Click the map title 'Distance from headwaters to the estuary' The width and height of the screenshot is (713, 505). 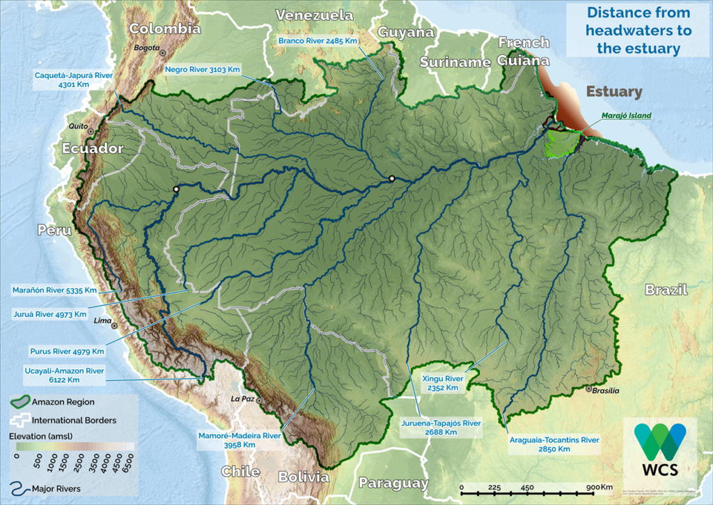pyautogui.click(x=638, y=31)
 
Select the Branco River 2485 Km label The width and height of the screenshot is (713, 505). pyautogui.click(x=318, y=41)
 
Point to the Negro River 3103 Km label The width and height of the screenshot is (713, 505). pyautogui.click(x=203, y=70)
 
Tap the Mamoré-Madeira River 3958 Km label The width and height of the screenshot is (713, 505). pyautogui.click(x=240, y=440)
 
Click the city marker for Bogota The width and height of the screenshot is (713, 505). pyautogui.click(x=162, y=52)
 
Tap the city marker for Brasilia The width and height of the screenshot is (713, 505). pyautogui.click(x=590, y=389)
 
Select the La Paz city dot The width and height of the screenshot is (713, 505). pyautogui.click(x=258, y=401)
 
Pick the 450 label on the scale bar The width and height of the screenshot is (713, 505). pyautogui.click(x=526, y=488)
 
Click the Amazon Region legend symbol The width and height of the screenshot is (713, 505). pyautogui.click(x=20, y=402)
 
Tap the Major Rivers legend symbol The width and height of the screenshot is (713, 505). pyautogui.click(x=20, y=488)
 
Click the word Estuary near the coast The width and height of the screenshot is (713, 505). pyautogui.click(x=613, y=92)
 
